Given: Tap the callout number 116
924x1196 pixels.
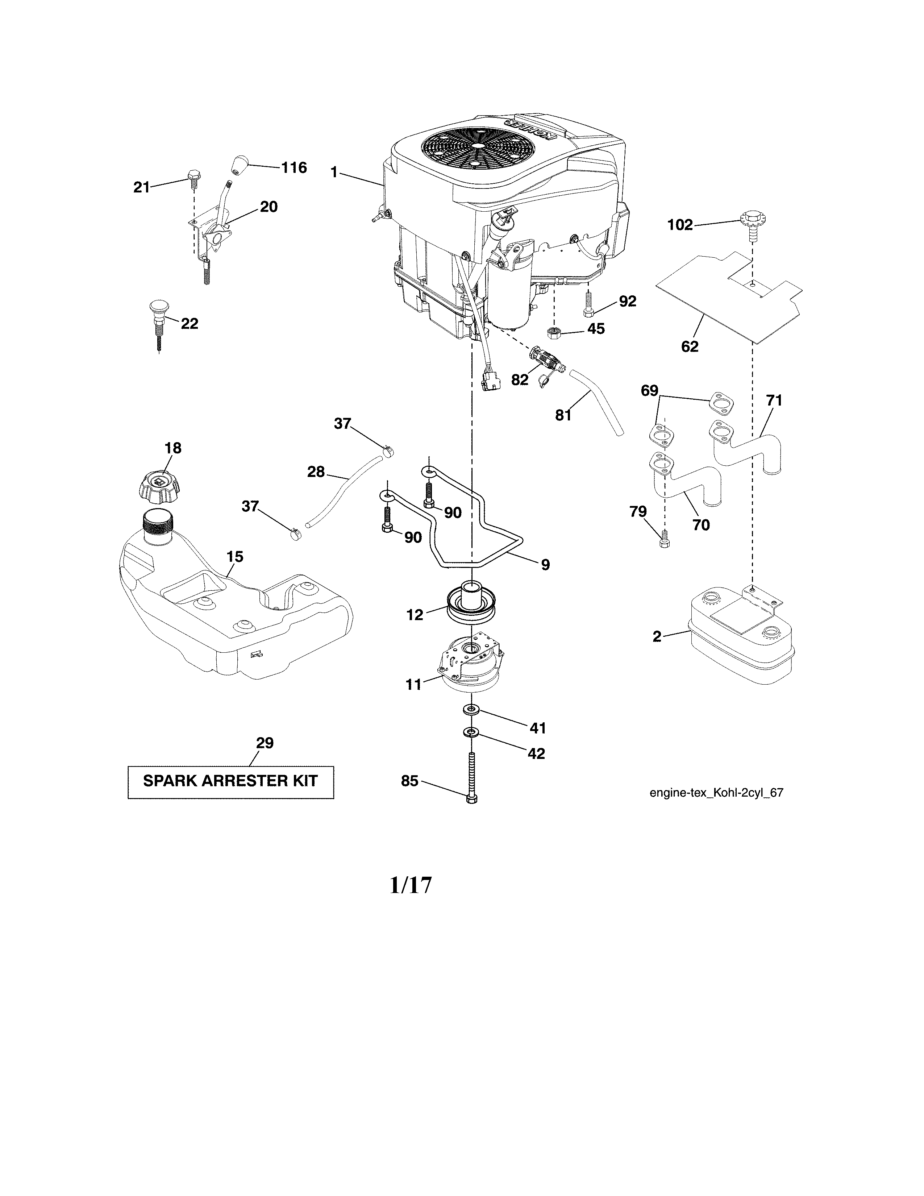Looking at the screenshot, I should click(294, 167).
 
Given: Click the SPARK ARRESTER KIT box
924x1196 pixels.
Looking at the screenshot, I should click(230, 781).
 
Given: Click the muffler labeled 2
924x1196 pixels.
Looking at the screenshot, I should click(741, 635).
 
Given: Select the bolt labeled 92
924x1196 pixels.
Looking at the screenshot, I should click(587, 303).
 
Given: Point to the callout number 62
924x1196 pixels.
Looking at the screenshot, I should click(690, 346).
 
